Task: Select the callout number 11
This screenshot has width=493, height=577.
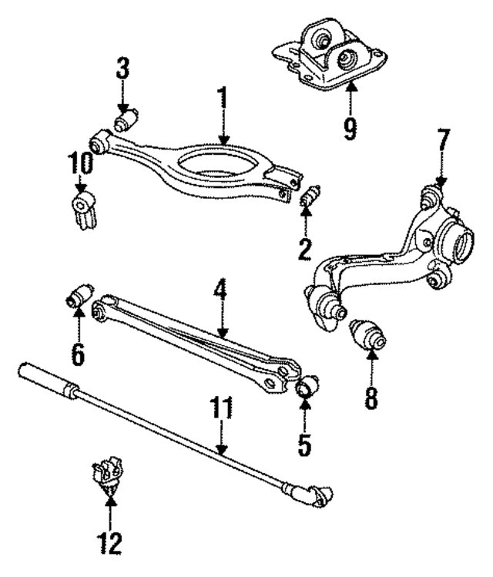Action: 220,408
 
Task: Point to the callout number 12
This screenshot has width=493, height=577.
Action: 111,544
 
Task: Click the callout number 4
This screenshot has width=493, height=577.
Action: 220,291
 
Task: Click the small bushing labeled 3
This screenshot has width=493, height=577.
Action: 126,121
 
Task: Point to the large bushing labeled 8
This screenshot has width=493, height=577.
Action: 369,334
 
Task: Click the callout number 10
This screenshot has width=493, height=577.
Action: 80,163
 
